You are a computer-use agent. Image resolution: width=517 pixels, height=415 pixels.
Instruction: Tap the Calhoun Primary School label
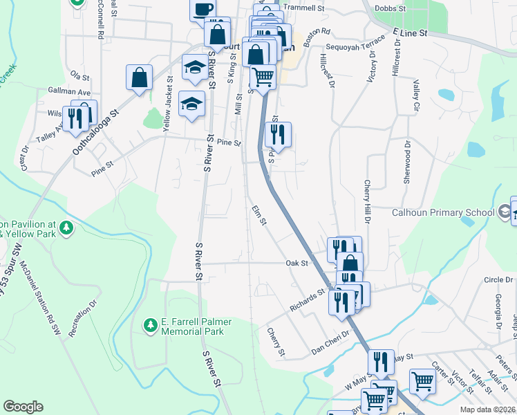(x=443, y=213)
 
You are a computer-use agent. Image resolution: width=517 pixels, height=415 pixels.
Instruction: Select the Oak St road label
(x=296, y=263)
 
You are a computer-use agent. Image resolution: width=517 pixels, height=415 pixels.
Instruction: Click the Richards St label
(x=308, y=302)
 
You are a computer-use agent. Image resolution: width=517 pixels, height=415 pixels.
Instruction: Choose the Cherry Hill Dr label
(x=367, y=201)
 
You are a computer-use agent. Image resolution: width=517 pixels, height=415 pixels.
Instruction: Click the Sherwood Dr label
(x=407, y=163)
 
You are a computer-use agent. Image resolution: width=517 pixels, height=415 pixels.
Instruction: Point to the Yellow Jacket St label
(x=167, y=102)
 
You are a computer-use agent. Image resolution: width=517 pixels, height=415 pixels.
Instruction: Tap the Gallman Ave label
(x=70, y=91)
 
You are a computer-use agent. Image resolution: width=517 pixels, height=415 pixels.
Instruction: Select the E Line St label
(x=410, y=33)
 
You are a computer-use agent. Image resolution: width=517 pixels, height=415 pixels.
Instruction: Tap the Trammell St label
(x=303, y=8)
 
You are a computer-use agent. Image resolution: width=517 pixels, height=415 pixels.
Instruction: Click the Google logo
(x=23, y=406)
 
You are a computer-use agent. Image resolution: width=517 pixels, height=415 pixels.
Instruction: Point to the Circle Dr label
(x=498, y=279)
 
